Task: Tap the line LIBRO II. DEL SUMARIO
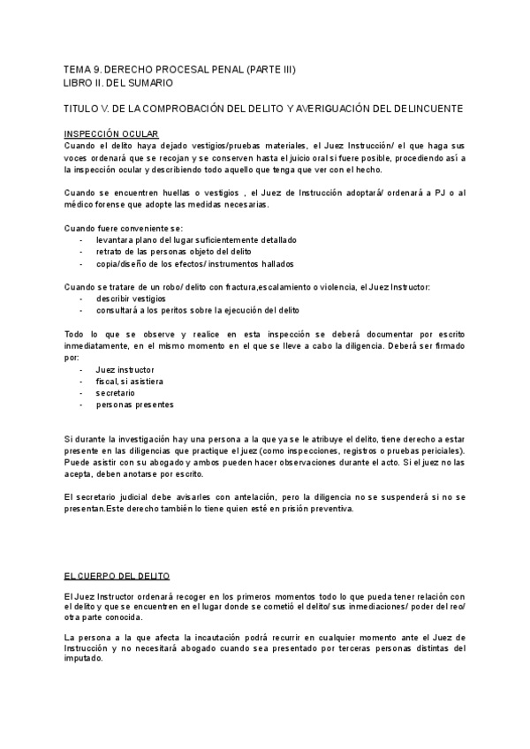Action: tap(118, 82)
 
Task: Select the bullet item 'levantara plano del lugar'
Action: tap(196, 239)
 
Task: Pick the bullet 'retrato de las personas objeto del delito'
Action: tap(178, 252)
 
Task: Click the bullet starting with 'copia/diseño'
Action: tap(194, 263)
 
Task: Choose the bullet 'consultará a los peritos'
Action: tap(198, 310)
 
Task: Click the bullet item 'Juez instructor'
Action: tap(125, 369)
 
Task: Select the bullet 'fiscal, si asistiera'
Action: tap(129, 381)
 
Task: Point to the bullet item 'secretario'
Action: tap(116, 392)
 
